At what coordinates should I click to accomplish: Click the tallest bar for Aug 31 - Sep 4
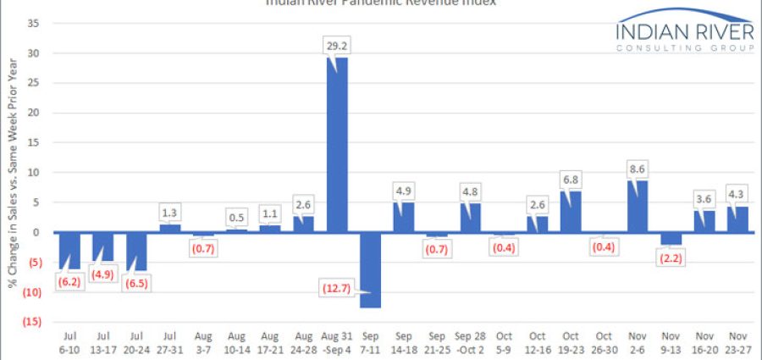pyautogui.click(x=337, y=144)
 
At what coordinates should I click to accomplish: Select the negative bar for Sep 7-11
pyautogui.click(x=370, y=269)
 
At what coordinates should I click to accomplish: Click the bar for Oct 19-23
pyautogui.click(x=571, y=212)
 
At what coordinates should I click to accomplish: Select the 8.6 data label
pyautogui.click(x=638, y=167)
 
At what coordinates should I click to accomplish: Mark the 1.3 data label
pyautogui.click(x=170, y=212)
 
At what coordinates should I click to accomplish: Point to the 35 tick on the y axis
pyautogui.click(x=34, y=24)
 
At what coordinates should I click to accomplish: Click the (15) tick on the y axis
pyautogui.click(x=32, y=322)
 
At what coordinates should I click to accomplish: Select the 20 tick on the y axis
pyautogui.click(x=34, y=114)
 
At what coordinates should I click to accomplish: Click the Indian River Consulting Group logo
pyautogui.click(x=685, y=34)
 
